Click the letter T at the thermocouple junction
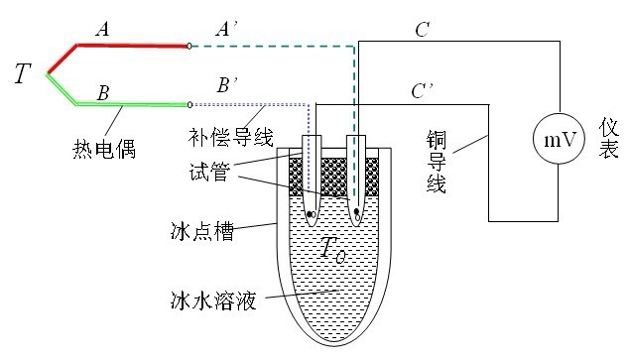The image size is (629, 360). point(22,72)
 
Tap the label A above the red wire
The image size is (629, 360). point(102,30)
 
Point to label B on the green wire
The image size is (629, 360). point(102,93)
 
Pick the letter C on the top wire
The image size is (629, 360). point(422,31)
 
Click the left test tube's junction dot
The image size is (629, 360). point(312,214)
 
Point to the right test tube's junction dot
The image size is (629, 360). point(355,211)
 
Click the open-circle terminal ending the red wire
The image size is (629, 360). point(189,45)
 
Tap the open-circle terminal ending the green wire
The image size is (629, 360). point(189,103)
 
